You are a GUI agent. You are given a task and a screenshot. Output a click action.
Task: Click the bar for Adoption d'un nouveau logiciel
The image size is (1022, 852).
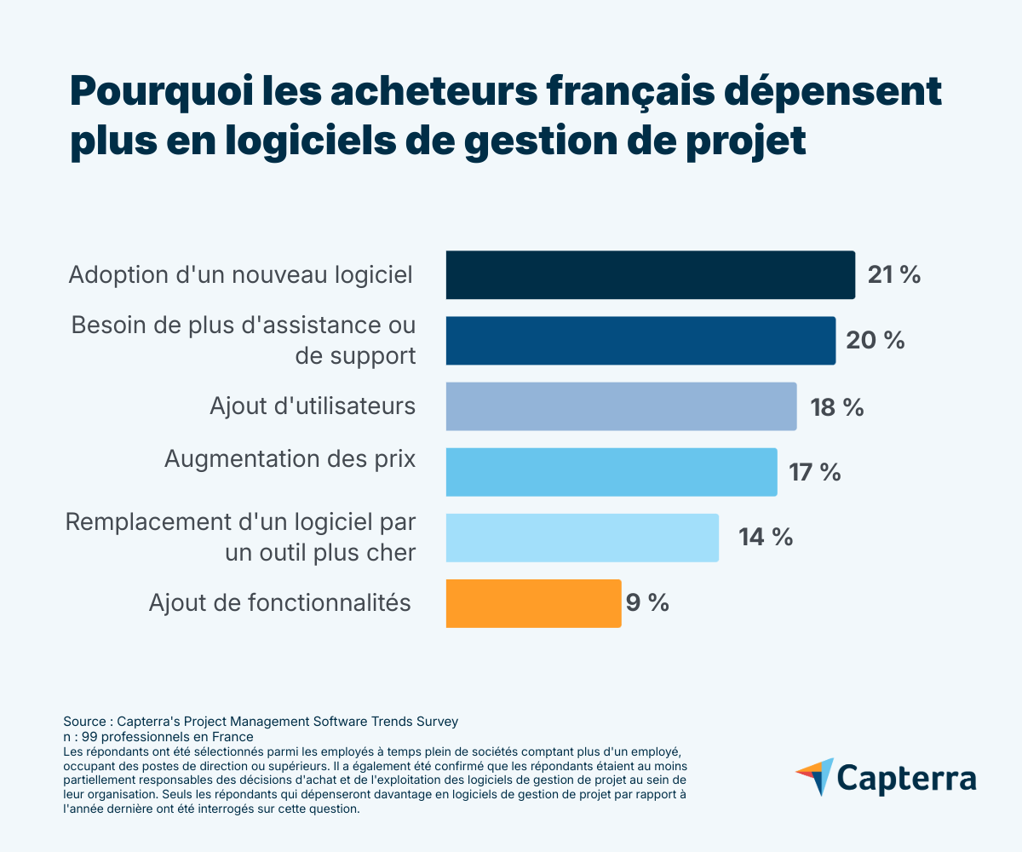point(650,275)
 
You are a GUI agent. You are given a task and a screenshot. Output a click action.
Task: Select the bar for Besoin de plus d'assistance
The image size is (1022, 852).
point(640,341)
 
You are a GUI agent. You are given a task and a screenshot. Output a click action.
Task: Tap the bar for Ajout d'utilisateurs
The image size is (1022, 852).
point(621,406)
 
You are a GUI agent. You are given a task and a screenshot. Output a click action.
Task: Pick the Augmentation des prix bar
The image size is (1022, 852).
point(611,472)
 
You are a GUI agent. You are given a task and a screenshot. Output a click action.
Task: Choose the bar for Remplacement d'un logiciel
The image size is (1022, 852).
point(582,538)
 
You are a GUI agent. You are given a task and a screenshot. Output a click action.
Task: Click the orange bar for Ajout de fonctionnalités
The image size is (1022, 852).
point(533,603)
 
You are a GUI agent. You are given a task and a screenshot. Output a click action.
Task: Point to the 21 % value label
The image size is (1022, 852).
point(893,275)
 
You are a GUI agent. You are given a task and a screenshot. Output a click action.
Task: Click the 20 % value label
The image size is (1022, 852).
point(875,341)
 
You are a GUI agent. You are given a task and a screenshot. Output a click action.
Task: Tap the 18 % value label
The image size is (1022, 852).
point(836,407)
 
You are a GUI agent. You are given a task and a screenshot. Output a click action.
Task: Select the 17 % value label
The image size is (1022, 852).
point(815,472)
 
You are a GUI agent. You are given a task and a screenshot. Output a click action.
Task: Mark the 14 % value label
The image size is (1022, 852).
point(766,538)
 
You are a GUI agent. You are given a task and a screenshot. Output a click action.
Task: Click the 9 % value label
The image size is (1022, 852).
point(647,603)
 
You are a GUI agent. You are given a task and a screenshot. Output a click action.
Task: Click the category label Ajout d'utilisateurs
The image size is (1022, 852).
point(313,406)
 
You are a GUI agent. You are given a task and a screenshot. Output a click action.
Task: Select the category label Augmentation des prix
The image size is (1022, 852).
point(290,459)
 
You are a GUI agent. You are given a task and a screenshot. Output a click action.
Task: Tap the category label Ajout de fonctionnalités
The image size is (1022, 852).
point(279,603)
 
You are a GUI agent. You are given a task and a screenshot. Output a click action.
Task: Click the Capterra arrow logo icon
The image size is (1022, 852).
point(815,776)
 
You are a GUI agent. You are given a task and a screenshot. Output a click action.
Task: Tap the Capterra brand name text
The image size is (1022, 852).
point(906,779)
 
